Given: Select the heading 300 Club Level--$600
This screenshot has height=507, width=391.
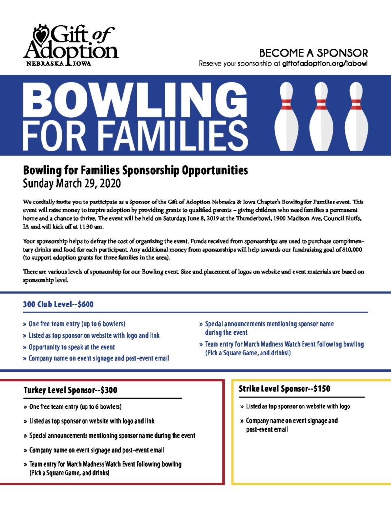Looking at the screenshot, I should coord(58,304).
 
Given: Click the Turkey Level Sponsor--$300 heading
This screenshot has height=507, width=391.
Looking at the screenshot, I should coord(70,390).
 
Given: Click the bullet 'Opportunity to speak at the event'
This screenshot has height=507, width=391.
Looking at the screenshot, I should coord(72,347).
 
